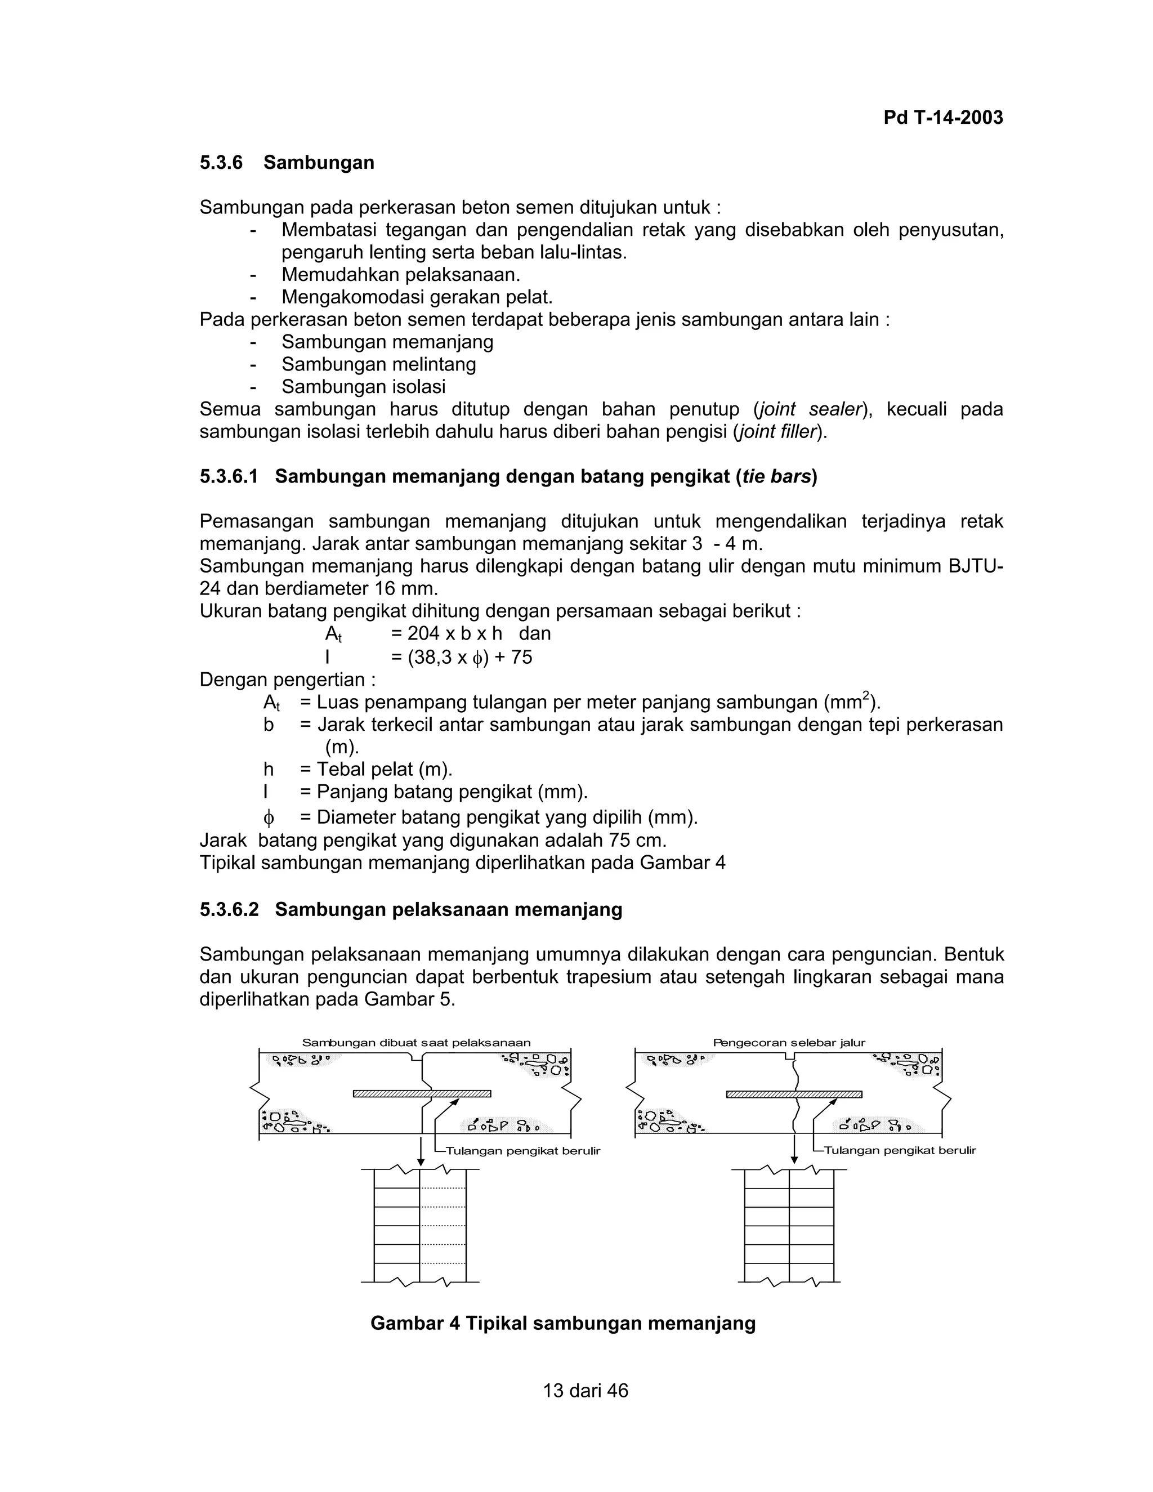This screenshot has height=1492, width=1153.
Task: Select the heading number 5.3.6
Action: [221, 163]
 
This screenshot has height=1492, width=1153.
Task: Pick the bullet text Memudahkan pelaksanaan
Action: [401, 275]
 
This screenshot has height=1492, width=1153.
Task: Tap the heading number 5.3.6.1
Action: [229, 476]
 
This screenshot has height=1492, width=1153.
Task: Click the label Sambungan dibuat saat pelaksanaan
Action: [416, 1043]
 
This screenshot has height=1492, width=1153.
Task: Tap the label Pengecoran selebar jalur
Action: [789, 1043]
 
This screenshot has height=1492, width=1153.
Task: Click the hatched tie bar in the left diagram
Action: [422, 1094]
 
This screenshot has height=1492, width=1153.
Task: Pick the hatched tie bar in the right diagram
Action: [794, 1094]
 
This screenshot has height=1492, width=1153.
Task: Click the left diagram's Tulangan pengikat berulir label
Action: [522, 1151]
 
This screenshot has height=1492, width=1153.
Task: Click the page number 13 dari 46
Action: [586, 1390]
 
